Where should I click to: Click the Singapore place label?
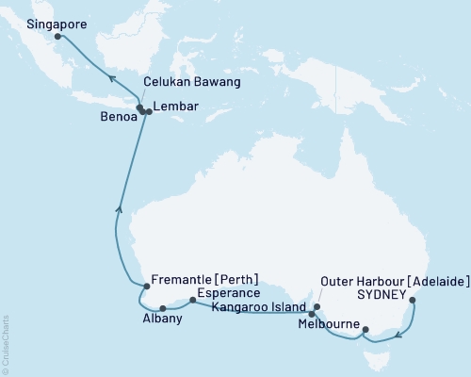(x=33, y=22)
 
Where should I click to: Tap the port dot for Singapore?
(x=57, y=37)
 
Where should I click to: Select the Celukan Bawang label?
(x=191, y=83)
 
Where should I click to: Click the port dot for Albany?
(x=163, y=307)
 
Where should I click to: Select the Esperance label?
(x=227, y=292)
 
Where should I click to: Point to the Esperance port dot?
(x=192, y=301)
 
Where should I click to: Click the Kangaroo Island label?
(x=255, y=307)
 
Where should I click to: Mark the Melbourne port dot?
(x=365, y=330)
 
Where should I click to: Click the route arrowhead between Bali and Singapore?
(x=110, y=80)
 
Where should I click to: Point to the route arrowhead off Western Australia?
(x=118, y=209)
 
